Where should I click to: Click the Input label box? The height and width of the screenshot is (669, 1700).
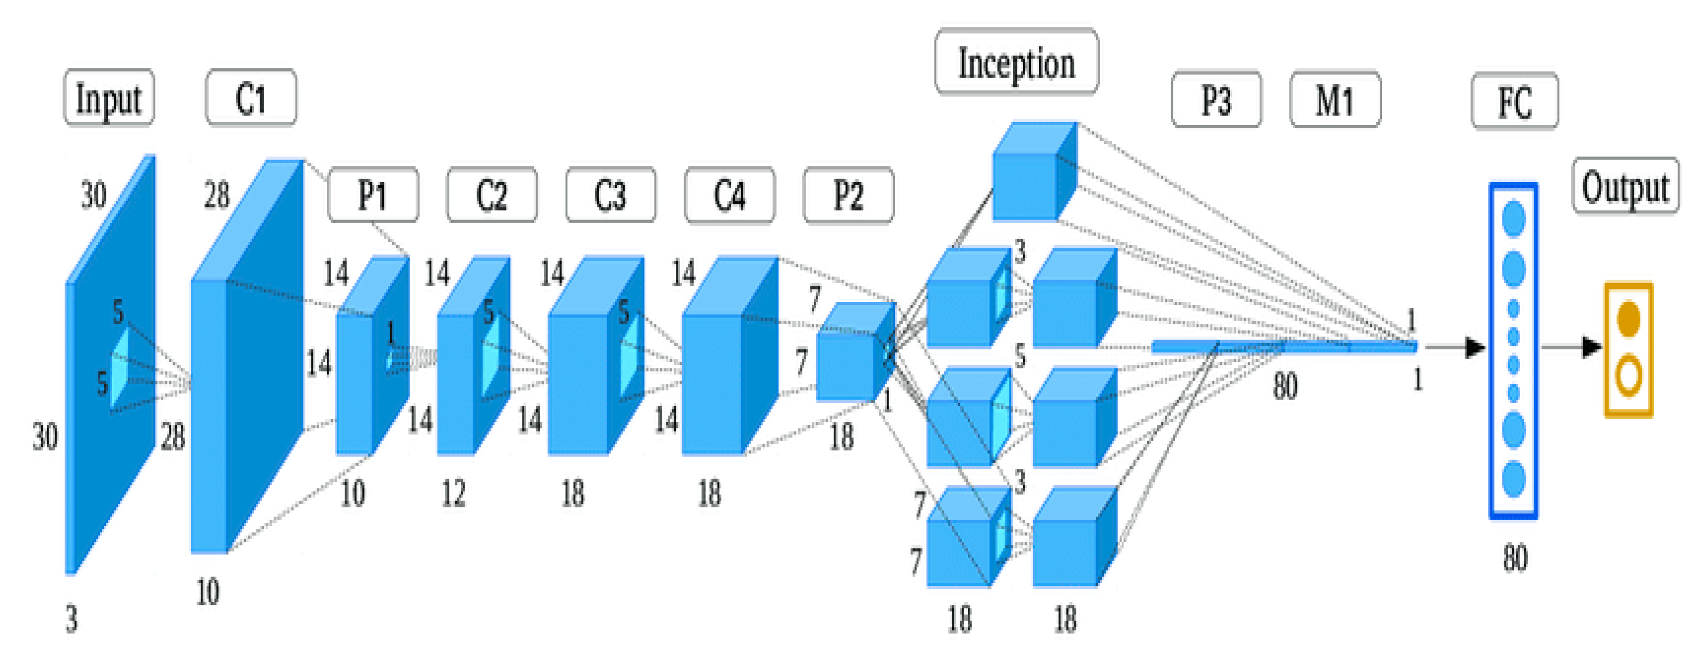tap(109, 98)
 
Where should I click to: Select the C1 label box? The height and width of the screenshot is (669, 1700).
tap(251, 98)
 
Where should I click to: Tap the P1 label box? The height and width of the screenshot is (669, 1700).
tap(373, 194)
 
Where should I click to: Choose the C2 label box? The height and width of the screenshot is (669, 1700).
tap(492, 194)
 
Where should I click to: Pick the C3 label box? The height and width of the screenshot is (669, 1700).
tap(611, 194)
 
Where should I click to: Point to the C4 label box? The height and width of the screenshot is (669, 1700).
tap(730, 194)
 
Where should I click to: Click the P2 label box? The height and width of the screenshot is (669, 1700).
tap(848, 194)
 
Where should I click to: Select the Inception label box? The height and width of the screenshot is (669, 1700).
tap(1016, 63)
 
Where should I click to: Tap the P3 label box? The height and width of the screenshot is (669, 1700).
tap(1216, 100)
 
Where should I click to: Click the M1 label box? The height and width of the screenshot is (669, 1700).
tap(1334, 100)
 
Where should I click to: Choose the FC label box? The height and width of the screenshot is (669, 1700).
tap(1514, 102)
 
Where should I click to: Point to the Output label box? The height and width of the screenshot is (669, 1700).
tap(1625, 186)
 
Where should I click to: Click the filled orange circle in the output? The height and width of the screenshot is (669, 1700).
tap(1628, 319)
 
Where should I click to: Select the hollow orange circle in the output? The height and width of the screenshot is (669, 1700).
tap(1628, 375)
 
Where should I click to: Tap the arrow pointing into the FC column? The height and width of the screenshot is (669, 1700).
tap(1455, 347)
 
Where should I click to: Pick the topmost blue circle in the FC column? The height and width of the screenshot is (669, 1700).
tap(1513, 218)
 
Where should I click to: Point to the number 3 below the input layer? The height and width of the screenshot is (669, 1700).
tap(71, 619)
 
